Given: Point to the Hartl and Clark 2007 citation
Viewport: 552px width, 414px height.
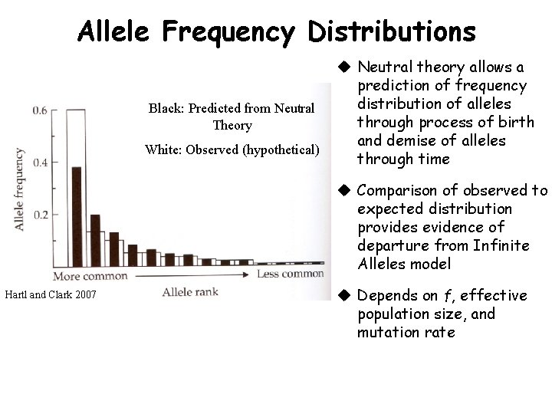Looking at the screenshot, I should (x=51, y=294).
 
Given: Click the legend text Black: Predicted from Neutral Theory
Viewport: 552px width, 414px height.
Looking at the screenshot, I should (x=232, y=117).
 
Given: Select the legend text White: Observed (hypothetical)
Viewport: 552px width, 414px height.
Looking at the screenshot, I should (x=232, y=149).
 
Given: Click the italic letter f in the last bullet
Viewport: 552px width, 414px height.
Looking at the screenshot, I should (x=447, y=296).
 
